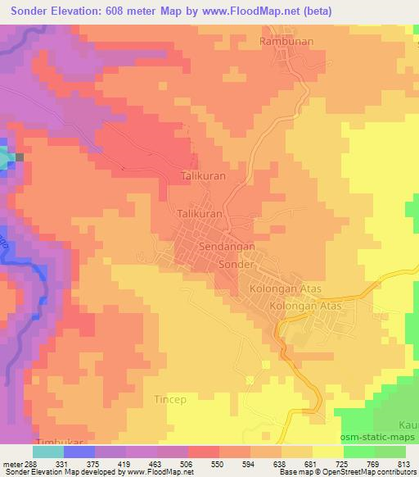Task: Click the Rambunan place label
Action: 286,41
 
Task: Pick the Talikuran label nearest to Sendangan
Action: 200,213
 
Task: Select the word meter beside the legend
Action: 13,463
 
